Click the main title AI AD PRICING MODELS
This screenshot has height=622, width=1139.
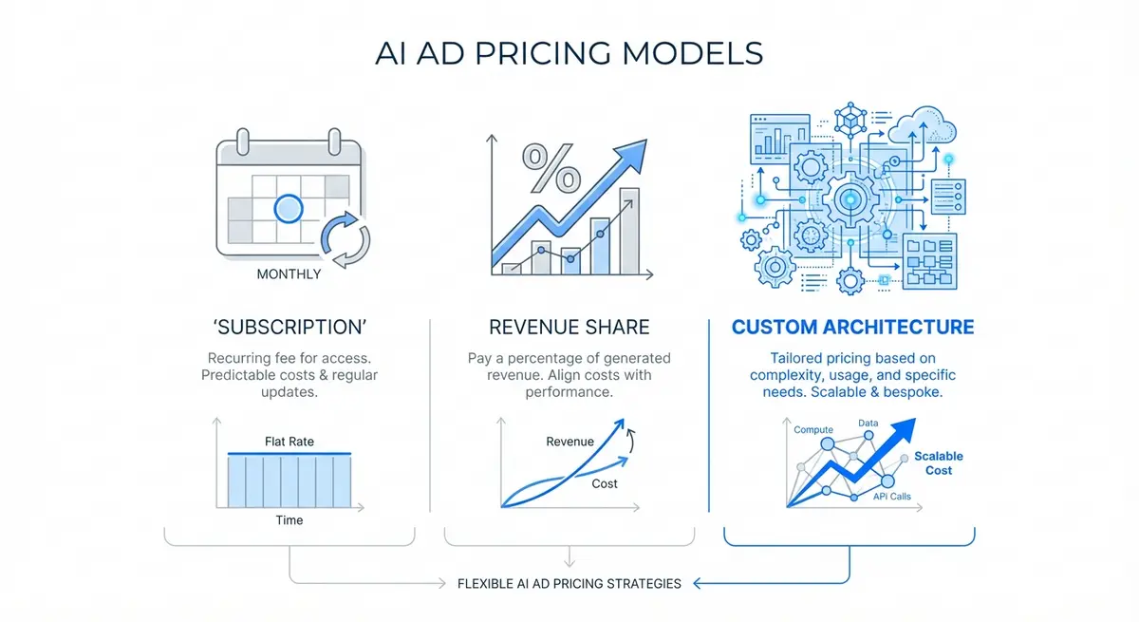point(569,53)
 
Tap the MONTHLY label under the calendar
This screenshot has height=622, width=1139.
point(289,274)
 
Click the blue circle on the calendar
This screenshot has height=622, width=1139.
point(287,208)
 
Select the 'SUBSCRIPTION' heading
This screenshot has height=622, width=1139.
point(289,328)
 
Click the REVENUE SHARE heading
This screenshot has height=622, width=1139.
point(569,328)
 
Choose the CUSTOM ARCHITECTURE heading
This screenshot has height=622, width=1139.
point(852,328)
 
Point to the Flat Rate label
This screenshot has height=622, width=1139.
point(289,442)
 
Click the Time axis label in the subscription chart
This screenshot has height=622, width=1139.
point(289,520)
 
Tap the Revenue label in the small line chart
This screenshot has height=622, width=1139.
point(570,442)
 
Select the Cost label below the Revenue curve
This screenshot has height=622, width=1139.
point(605,483)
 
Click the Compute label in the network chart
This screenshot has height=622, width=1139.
point(813,430)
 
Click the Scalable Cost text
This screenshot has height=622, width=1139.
point(938,463)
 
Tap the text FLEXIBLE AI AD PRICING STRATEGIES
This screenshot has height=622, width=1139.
point(569,583)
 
